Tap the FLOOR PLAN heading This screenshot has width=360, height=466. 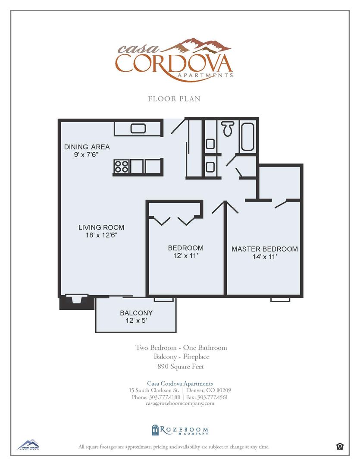click(174, 99)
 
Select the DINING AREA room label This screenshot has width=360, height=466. click(87, 147)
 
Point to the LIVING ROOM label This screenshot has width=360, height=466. click(101, 227)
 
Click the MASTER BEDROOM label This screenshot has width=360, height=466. click(264, 249)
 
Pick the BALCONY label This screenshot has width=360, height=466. click(136, 313)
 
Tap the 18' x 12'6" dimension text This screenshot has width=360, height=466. click(101, 235)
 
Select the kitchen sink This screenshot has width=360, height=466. click(138, 128)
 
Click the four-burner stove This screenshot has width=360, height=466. click(122, 166)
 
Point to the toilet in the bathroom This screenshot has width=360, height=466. click(228, 128)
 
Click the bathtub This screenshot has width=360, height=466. click(247, 136)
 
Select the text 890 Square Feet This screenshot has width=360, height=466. click(181, 367)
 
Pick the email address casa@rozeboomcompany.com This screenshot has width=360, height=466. click(180, 403)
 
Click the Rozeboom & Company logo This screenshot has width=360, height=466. click(180, 430)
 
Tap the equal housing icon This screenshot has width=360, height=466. click(340, 447)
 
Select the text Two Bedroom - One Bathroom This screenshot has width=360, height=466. click(181, 347)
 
